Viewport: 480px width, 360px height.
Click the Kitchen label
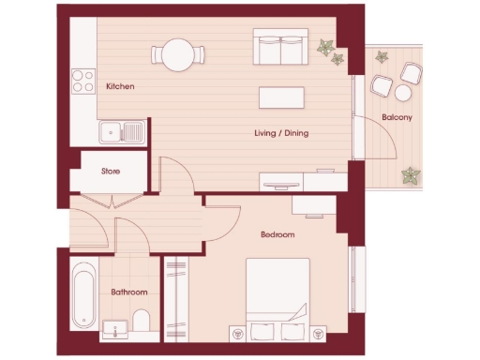tap(120, 86)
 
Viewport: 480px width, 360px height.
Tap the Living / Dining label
tap(281, 133)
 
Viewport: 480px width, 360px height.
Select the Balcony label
tap(399, 117)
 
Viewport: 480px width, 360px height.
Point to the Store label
tap(111, 172)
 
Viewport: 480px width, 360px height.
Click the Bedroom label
tap(277, 234)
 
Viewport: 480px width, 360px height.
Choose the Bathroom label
tap(129, 292)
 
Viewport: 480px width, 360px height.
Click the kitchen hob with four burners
tap(83, 82)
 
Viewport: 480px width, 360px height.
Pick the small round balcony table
tap(404, 93)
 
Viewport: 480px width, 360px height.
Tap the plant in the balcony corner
tap(411, 175)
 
